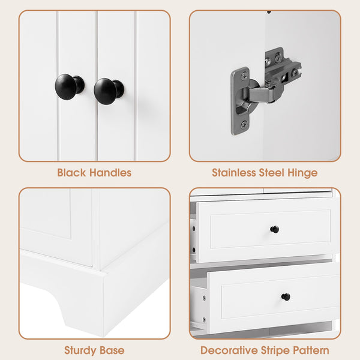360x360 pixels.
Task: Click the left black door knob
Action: click(70, 86)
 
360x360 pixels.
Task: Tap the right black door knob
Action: click(109, 91)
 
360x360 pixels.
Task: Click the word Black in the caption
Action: click(71, 173)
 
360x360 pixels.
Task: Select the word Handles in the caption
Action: click(110, 173)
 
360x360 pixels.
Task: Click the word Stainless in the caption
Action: click(233, 173)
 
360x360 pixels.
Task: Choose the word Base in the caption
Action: click(112, 350)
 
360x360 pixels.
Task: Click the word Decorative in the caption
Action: click(229, 350)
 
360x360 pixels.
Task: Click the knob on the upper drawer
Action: click(275, 229)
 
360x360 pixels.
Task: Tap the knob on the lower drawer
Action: click(286, 297)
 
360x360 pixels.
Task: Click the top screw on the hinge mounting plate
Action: click(244, 76)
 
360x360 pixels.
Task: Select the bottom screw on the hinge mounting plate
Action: click(244, 125)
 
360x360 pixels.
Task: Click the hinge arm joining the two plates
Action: click(262, 94)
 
